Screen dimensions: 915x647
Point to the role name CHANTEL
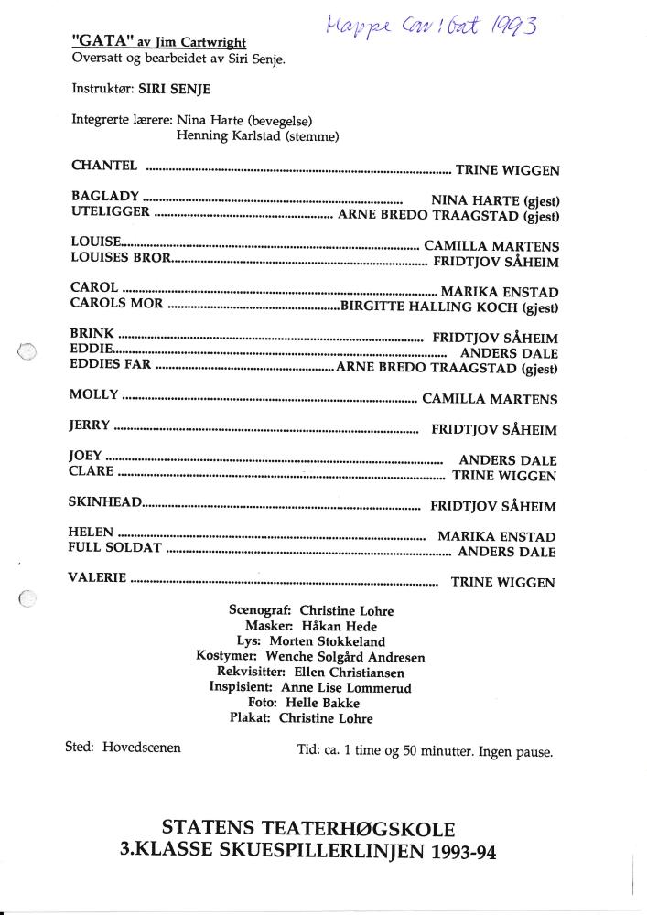pos(104,166)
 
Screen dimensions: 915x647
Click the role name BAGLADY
pos(105,196)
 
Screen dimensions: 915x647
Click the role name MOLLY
pos(93,395)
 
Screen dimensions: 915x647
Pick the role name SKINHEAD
pos(105,502)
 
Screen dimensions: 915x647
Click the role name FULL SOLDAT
pos(115,548)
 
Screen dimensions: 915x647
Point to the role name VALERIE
pos(97,578)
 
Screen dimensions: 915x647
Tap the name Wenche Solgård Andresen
pos(345,657)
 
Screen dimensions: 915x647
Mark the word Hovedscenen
pos(142,748)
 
